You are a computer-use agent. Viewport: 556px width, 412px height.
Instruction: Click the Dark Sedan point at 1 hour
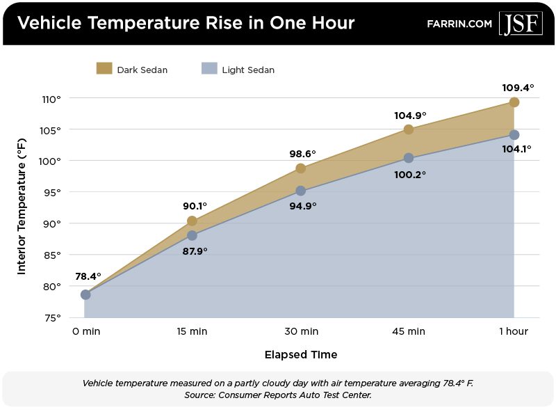514,102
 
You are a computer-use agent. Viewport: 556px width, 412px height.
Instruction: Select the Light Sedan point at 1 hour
514,134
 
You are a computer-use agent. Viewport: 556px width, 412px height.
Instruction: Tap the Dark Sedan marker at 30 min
300,168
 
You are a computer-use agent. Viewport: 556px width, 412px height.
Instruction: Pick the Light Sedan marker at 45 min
409,158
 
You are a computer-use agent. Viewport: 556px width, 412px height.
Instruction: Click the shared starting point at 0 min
85,294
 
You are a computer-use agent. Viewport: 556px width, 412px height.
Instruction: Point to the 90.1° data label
195,206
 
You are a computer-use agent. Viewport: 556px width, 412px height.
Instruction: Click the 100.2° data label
410,175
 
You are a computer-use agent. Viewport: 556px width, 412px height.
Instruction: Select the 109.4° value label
518,88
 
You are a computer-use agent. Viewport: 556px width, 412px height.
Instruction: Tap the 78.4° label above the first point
87,276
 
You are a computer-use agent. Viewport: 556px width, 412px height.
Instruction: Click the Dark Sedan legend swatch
104,68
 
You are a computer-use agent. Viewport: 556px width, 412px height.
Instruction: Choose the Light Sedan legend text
248,70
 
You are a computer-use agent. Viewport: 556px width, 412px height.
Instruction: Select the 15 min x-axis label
193,331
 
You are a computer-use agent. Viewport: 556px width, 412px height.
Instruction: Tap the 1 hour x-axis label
514,331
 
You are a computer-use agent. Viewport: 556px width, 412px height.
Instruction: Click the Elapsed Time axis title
300,355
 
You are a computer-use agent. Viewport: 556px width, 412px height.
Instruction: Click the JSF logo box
521,22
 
